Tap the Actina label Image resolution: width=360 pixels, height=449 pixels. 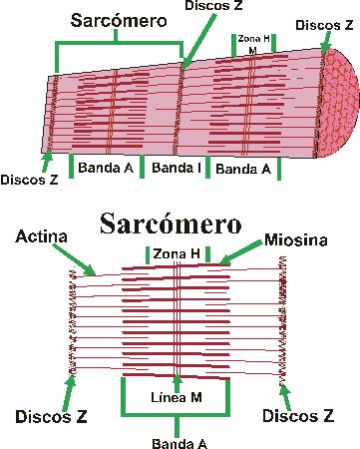42,236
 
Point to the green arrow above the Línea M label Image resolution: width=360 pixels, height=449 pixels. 177,378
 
